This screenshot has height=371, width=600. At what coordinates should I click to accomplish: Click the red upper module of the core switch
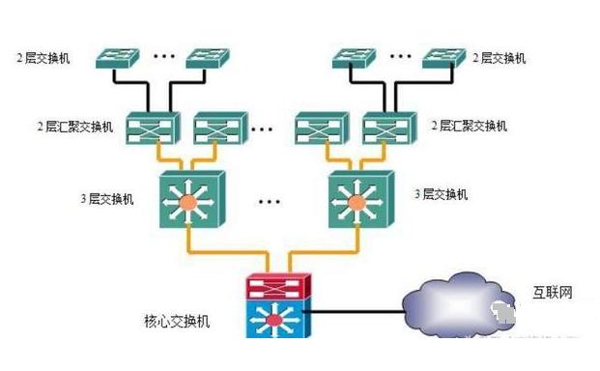[x=278, y=286]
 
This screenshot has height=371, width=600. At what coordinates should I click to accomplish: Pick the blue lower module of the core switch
[x=278, y=318]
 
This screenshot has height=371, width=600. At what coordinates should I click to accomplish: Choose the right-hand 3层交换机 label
[x=441, y=194]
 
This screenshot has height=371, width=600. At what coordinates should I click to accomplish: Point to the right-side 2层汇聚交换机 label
[x=469, y=127]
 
